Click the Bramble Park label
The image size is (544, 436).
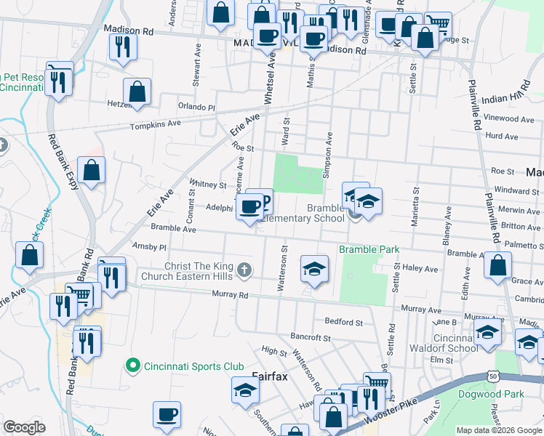click(369, 249)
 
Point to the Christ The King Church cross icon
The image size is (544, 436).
click(245, 271)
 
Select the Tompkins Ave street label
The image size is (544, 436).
click(155, 125)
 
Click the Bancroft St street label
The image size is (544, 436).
click(311, 338)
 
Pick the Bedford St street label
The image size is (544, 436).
click(343, 321)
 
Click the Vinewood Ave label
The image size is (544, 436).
click(509, 118)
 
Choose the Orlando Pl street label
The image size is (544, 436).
click(197, 107)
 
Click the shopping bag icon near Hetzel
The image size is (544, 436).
click(137, 92)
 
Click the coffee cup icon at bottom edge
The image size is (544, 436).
click(167, 415)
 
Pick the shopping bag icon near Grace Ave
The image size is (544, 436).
click(497, 266)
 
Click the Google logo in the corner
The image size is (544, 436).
click(24, 427)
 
